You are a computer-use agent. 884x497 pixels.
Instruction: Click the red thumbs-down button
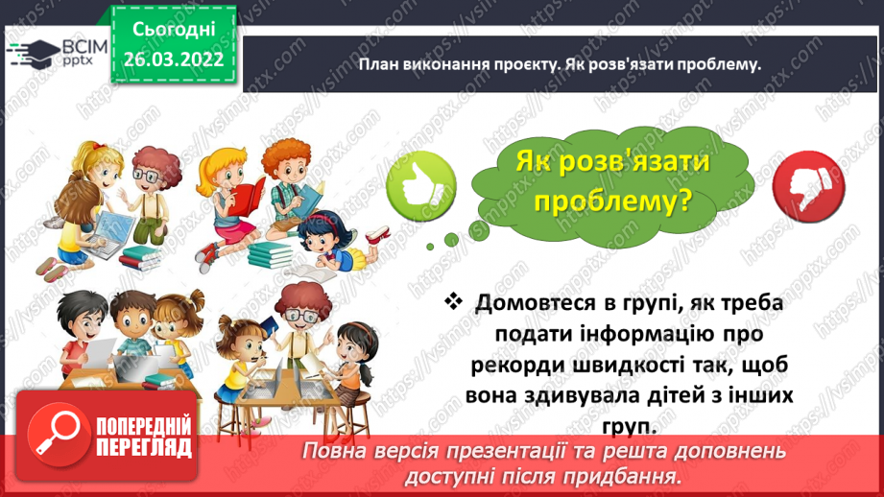tap(800, 183)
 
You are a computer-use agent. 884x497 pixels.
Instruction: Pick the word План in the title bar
tap(379, 64)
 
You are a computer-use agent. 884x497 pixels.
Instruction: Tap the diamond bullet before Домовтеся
tap(454, 302)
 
